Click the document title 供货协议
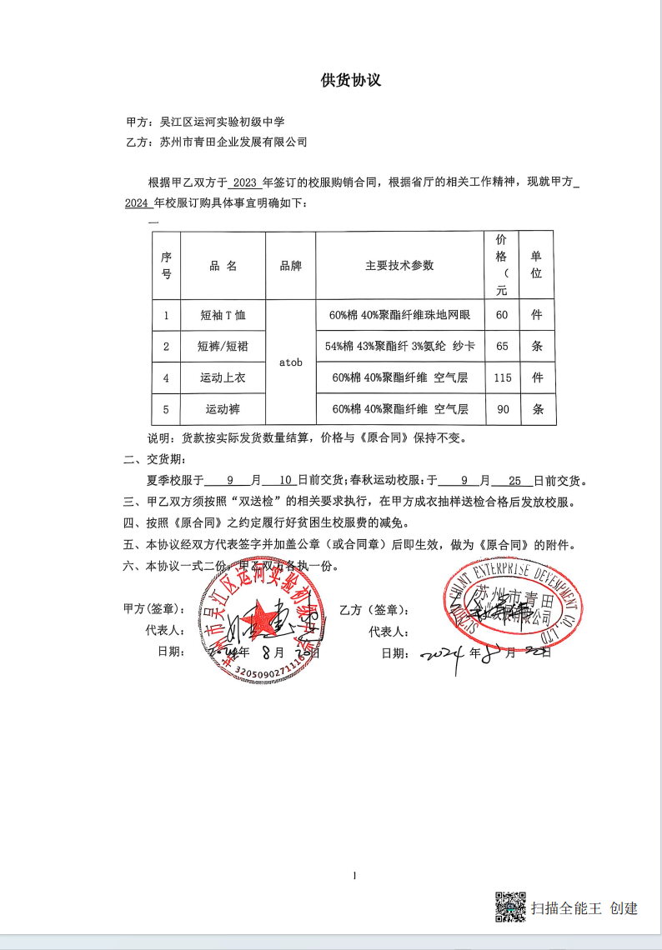(x=351, y=80)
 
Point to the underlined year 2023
(x=246, y=183)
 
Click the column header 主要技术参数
(x=399, y=266)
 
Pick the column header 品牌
(x=291, y=266)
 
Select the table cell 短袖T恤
(x=223, y=315)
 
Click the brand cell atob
(x=291, y=362)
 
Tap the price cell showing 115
(x=502, y=378)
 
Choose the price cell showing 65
(x=502, y=347)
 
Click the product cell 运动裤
(x=223, y=409)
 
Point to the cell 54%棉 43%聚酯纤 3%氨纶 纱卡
(x=399, y=347)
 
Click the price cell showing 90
(x=502, y=409)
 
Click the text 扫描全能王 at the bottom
(x=566, y=908)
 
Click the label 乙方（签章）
(x=373, y=610)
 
